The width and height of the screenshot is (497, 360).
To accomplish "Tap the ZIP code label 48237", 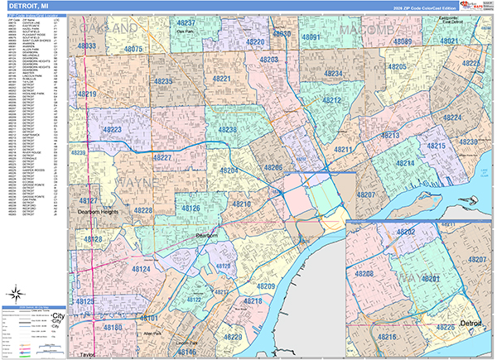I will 186,22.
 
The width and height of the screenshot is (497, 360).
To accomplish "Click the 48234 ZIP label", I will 334,74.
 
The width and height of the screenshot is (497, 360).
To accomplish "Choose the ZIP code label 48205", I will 396,66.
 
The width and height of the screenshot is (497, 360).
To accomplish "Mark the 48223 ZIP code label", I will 113,131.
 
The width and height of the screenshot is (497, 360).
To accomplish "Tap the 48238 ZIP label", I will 227,130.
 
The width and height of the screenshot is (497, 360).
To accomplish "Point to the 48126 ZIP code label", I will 191,208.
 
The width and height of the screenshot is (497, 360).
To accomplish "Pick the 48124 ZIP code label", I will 139,269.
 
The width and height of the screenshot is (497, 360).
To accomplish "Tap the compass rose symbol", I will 17,292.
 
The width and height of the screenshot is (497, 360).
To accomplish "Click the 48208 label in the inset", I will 364,273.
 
